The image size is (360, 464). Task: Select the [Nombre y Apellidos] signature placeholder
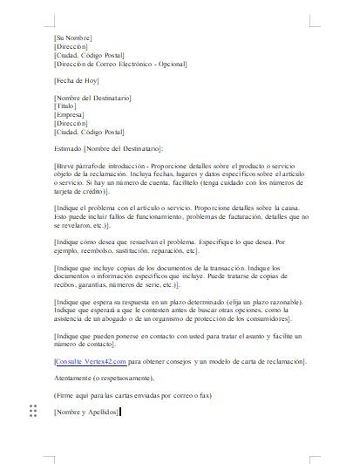click(x=85, y=411)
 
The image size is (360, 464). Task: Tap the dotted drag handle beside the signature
click(x=33, y=411)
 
